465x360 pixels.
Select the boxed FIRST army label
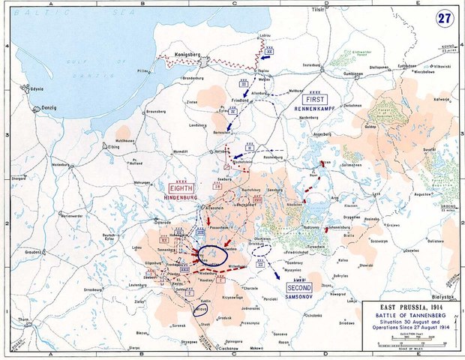pyautogui.click(x=315, y=98)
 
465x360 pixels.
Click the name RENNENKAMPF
pyautogui.click(x=315, y=108)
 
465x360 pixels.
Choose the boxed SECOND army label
pyautogui.click(x=298, y=287)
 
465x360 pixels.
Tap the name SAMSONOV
pyautogui.click(x=298, y=297)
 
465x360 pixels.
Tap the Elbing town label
pyautogui.click(x=113, y=147)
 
